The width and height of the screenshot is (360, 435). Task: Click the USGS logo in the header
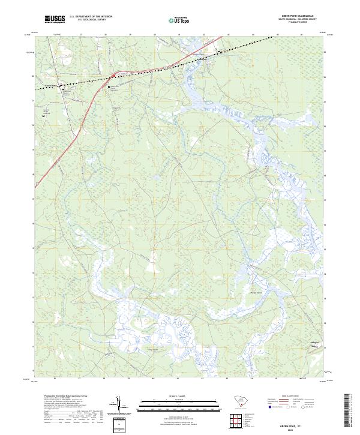55,19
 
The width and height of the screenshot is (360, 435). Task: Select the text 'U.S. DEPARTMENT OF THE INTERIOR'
91,16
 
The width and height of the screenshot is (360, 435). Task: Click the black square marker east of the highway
109,87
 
